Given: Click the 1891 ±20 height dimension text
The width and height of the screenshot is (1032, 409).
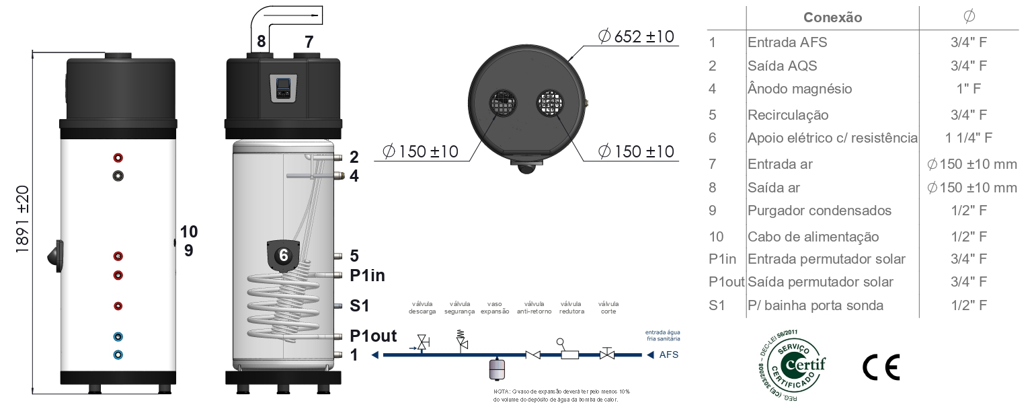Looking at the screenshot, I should (22, 219).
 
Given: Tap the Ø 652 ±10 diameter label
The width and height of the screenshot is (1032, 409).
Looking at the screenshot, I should (635, 36).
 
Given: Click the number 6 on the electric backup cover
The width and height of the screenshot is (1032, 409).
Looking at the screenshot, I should (284, 255).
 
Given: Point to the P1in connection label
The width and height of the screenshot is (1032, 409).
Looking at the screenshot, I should (367, 276).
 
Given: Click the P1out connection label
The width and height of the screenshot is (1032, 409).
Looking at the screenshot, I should (373, 336).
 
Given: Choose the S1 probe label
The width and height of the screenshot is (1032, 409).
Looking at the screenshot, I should (360, 306).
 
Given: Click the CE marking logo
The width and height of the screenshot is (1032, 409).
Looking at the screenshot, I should (881, 367).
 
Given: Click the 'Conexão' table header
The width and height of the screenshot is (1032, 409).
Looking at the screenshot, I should (832, 17).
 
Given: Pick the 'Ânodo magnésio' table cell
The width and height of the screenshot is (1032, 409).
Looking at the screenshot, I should (799, 89).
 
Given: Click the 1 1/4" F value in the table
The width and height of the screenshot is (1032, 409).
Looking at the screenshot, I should (968, 138).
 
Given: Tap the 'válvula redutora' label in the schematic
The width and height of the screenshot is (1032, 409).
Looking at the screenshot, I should (572, 307).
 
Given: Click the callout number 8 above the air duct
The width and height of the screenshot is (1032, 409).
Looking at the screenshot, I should (261, 42).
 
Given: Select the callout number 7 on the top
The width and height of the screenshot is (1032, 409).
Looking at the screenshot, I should (309, 42).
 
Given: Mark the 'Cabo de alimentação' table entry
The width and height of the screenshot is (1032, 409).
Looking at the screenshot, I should (813, 237).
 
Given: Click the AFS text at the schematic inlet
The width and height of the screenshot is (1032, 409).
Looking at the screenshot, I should (668, 355).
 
